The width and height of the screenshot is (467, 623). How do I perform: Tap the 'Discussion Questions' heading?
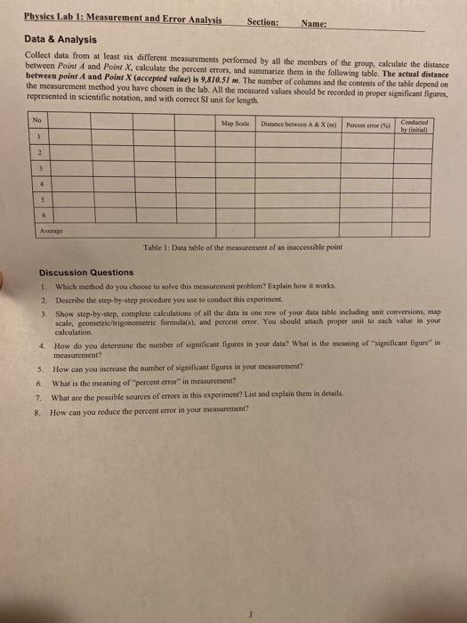point(86,272)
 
